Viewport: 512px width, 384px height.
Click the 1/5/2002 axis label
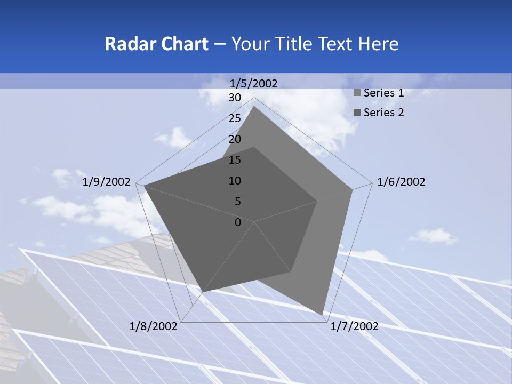[x=254, y=83]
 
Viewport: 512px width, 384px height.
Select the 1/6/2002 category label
[x=401, y=182]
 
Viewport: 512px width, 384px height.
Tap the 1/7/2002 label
[x=354, y=326]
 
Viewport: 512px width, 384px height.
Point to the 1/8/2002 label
[x=154, y=326]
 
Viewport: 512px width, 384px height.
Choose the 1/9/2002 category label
[x=107, y=182]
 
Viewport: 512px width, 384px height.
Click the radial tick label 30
[x=235, y=98]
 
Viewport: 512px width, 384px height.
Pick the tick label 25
[x=235, y=118]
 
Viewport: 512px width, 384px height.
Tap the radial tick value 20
[x=235, y=139]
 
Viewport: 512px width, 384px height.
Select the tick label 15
[x=235, y=160]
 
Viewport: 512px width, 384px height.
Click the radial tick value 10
[x=235, y=181]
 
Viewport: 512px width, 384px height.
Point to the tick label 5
[x=237, y=202]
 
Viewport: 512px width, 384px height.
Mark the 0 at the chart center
[x=238, y=222]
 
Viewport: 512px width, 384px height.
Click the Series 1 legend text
[x=383, y=93]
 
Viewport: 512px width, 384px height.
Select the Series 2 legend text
[x=383, y=113]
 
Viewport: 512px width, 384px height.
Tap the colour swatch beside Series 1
[x=357, y=93]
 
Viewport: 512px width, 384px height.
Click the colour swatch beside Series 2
[x=357, y=113]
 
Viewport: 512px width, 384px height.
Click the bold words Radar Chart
[x=156, y=44]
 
